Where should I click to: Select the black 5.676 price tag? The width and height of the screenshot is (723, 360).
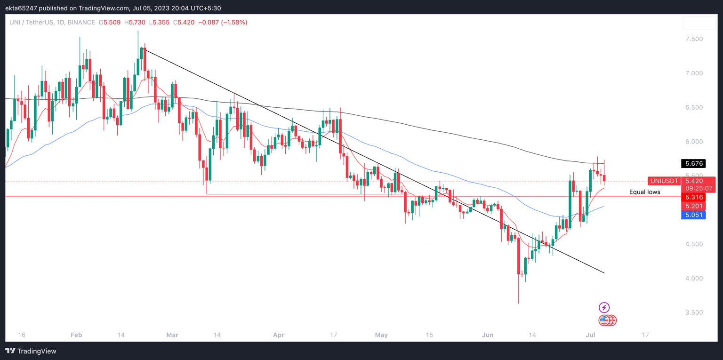693,164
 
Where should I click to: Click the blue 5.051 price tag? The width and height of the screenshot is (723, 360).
693,215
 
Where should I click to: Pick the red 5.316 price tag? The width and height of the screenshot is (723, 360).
693,197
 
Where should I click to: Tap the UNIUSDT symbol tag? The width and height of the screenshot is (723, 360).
663,181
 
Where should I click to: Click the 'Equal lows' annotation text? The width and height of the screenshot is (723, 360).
644,192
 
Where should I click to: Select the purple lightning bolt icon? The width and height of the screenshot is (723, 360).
604,308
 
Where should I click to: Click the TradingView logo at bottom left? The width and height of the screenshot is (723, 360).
31,351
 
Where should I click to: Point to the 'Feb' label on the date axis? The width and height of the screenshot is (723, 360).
76,335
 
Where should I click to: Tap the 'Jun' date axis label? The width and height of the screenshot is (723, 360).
488,335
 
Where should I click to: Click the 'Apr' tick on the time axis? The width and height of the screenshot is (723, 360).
279,335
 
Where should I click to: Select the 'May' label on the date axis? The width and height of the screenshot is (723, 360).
381,335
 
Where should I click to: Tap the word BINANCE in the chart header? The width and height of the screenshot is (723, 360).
81,22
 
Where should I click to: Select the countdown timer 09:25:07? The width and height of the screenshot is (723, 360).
699,188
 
